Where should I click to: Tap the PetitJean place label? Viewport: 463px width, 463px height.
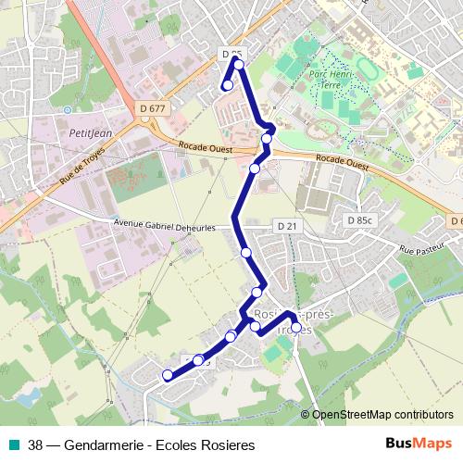coord(91,133)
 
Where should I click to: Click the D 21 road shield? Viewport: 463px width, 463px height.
coord(286,226)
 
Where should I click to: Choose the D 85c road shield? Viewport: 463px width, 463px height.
coord(357,220)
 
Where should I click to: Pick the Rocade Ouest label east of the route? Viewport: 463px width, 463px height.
coord(342,160)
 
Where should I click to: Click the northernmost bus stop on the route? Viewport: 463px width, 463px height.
coord(239,64)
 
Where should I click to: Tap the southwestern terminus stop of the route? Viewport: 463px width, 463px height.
coord(168,375)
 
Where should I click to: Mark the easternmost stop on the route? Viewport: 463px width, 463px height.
coord(296,326)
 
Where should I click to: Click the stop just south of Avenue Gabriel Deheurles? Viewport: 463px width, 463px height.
coord(246,252)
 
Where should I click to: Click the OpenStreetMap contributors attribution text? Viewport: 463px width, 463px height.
coord(382,415)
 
